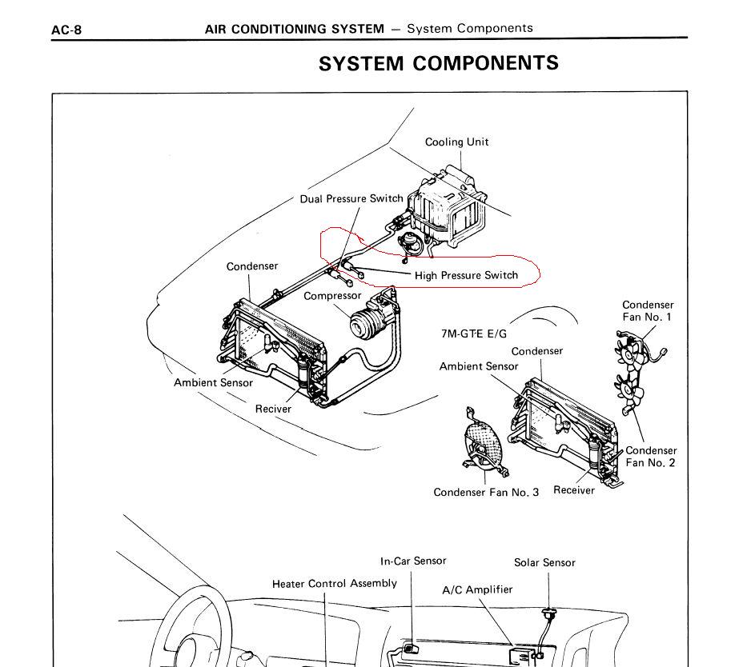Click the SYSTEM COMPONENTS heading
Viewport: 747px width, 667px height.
pos(438,64)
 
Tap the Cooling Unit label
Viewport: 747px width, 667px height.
pos(456,142)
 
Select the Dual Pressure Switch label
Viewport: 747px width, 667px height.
pos(351,199)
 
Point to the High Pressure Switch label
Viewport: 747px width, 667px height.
pos(466,276)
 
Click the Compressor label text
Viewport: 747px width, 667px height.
pos(332,296)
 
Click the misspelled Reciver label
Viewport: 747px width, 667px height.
pos(273,409)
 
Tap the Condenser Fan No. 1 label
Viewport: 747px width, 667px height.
pos(647,311)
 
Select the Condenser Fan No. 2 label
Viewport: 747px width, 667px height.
pos(650,457)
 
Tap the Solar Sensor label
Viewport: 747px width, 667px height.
pos(544,563)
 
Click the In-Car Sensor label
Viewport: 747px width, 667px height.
pos(413,561)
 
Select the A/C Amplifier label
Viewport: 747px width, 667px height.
pos(477,590)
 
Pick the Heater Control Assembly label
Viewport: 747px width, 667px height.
pos(334,584)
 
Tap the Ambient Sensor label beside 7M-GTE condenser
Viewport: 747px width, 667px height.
pos(479,366)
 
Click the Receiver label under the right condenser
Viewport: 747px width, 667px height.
pos(573,489)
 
